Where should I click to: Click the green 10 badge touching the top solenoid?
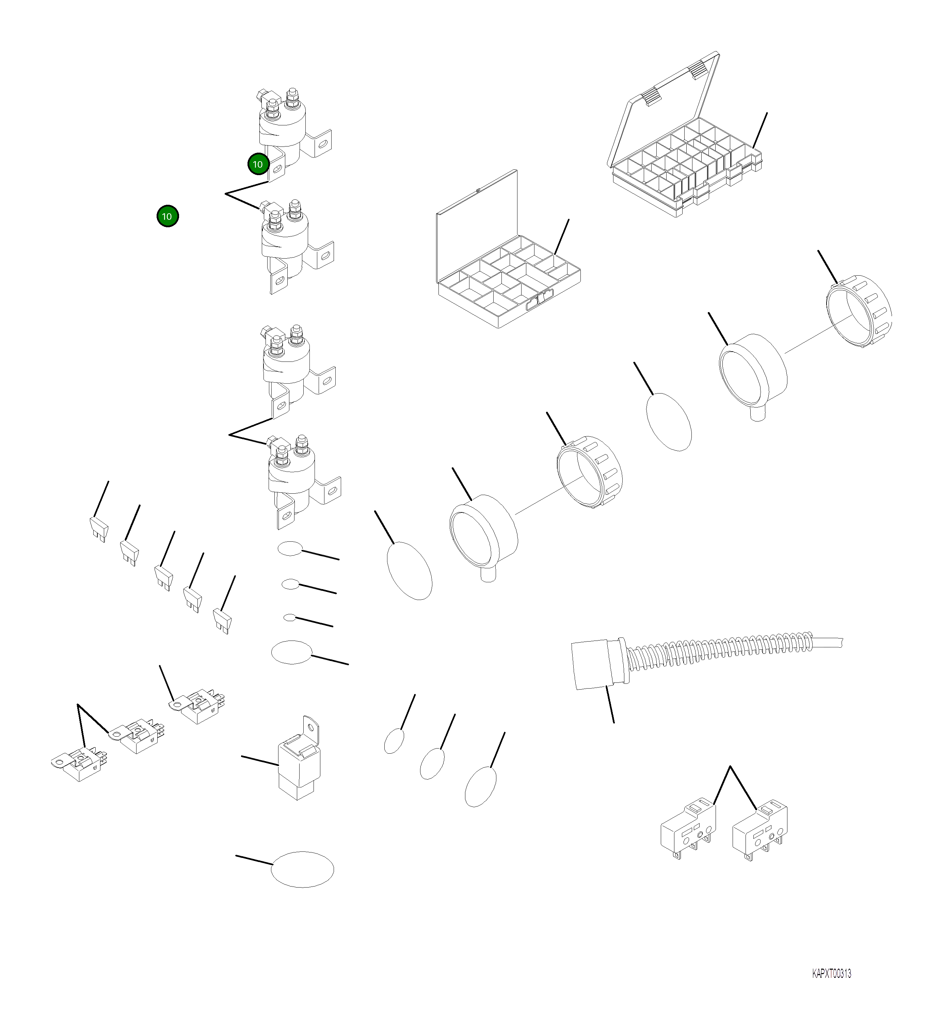tap(258, 164)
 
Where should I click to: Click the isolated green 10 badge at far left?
tap(167, 216)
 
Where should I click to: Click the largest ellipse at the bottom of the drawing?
tap(302, 870)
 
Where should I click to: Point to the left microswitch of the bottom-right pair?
tap(687, 831)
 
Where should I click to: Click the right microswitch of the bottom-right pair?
tap(759, 831)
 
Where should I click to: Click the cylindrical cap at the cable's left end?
tap(590, 665)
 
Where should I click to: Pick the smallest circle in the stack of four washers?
tap(290, 618)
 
